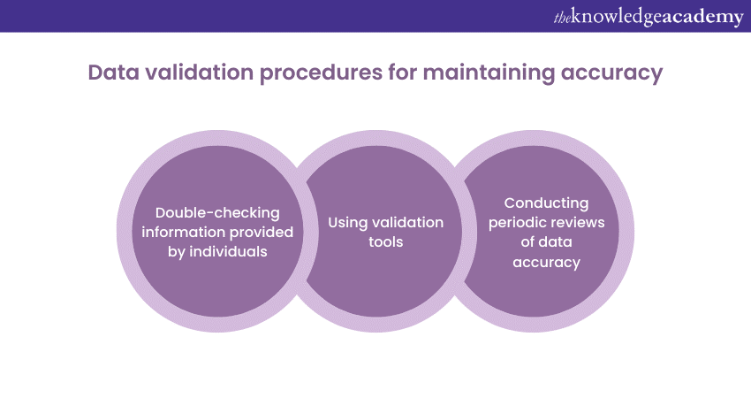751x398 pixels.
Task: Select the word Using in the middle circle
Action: click(347, 222)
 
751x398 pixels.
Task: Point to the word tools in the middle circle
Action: click(385, 241)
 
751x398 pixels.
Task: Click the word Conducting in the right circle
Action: click(547, 203)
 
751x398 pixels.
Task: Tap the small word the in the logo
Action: click(562, 18)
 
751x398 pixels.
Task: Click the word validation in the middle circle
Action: click(411, 222)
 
